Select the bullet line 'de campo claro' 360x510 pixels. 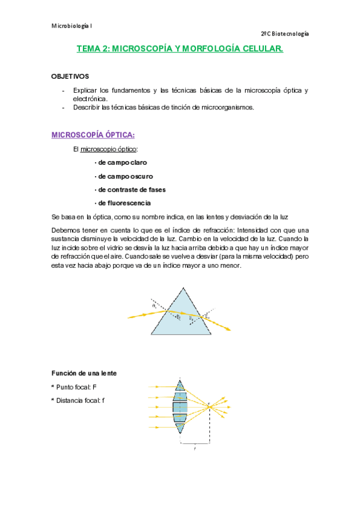(121, 162)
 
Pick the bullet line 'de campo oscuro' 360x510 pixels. (123, 176)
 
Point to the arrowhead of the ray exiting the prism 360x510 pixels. (228, 328)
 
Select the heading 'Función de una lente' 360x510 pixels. (84, 373)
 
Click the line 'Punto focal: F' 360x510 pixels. (77, 387)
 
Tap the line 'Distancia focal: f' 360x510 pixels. (81, 400)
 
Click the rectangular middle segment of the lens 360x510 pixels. (180, 407)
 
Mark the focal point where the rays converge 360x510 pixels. (209, 407)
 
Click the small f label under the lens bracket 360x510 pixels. (195, 448)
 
